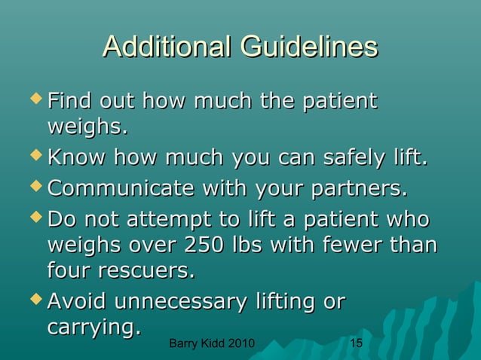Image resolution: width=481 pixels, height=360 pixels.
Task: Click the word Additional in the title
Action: point(167,47)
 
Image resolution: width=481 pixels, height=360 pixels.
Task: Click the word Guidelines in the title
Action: point(309,47)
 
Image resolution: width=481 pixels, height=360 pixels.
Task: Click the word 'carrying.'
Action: point(94,328)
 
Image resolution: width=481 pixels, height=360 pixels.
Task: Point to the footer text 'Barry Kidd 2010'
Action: point(211,344)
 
